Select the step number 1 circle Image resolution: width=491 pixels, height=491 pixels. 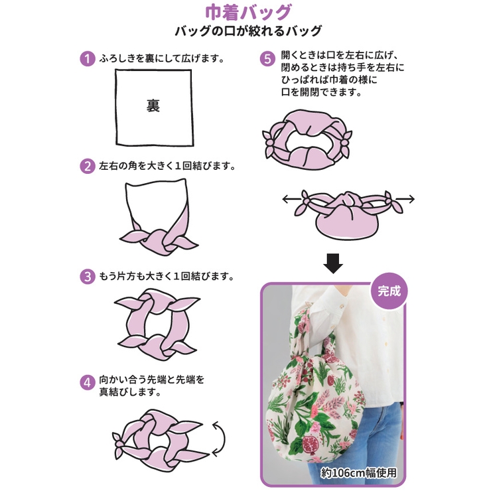87,58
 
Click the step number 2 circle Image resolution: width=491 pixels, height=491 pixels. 87,166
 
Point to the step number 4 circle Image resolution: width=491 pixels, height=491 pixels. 87,382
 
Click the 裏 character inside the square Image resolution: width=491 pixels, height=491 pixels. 153,106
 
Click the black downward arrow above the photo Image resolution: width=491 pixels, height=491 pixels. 333,263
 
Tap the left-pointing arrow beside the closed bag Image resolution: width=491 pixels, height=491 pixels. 289,198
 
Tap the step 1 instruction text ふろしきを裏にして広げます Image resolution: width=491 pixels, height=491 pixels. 161,58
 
